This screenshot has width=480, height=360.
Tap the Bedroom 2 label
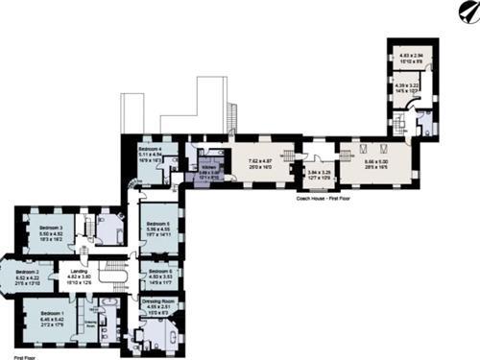click(x=30, y=272)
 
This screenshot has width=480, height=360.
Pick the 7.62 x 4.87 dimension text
click(x=260, y=161)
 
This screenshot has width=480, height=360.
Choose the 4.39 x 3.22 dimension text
click(x=409, y=85)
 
